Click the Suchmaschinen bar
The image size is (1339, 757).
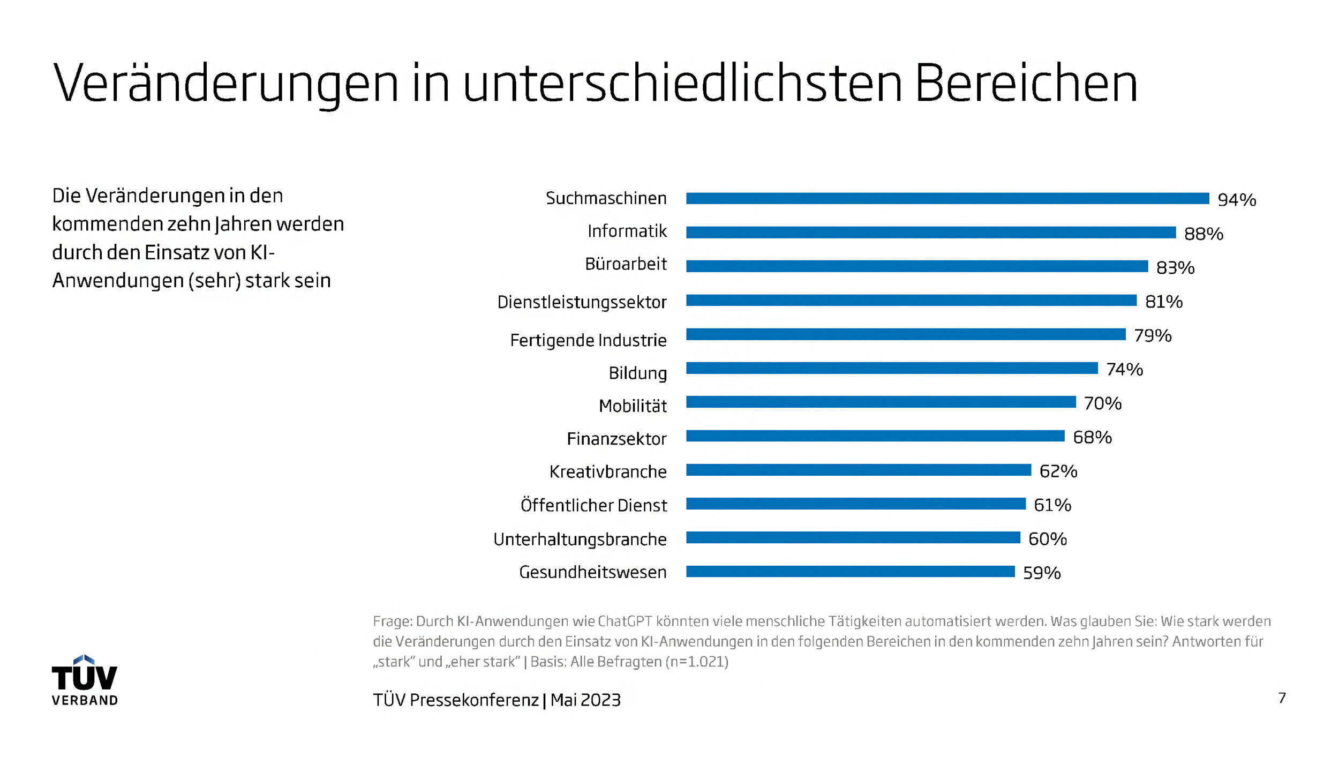pos(947,199)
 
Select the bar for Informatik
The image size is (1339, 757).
pos(930,233)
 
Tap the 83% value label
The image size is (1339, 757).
pos(1175,267)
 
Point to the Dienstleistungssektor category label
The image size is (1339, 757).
pos(582,302)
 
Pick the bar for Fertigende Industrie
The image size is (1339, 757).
pos(905,334)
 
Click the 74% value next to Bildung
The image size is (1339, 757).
pos(1124,369)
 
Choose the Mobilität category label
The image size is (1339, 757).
pos(633,406)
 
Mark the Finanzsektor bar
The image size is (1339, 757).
pos(875,436)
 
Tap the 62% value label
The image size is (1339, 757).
pos(1058,471)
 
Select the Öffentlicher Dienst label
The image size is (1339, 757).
pos(593,505)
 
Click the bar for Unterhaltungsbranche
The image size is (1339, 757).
pos(853,538)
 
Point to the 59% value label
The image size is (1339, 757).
pos(1041,573)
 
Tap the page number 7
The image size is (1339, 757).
pos(1282,698)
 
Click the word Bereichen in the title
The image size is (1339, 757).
pos(1026,84)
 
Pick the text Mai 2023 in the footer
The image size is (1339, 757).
pos(585,700)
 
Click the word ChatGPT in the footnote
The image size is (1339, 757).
pos(625,621)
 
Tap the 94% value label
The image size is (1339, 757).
pos(1237,200)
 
